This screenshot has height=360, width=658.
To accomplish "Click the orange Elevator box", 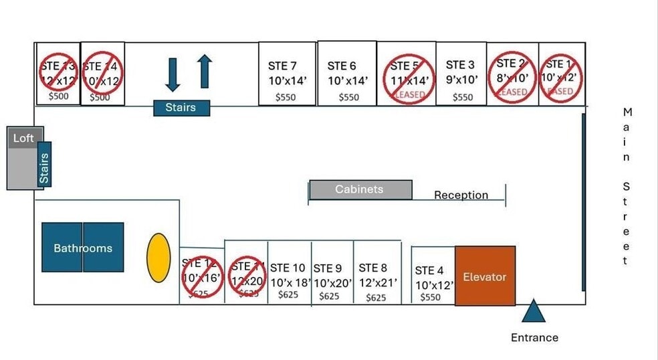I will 485,276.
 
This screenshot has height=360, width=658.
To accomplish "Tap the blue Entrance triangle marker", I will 534,312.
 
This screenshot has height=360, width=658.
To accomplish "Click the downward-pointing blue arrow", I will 173,74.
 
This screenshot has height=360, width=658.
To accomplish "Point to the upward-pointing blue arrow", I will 205,72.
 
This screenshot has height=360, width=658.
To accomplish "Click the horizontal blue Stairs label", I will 181,107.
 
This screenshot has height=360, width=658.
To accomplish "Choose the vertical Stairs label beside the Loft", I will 44,165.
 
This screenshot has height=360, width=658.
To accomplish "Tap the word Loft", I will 23,139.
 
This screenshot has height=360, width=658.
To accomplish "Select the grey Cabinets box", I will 359,189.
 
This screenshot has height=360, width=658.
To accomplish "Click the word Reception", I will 461,195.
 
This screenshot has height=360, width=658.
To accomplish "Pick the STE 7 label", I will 282,66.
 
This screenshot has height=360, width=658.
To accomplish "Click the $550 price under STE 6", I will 348,97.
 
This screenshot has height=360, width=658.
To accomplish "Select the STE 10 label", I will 288,268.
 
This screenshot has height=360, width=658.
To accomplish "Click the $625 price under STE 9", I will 329,296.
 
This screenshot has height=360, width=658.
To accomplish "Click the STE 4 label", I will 429,270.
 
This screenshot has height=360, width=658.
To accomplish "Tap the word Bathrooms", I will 83,248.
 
